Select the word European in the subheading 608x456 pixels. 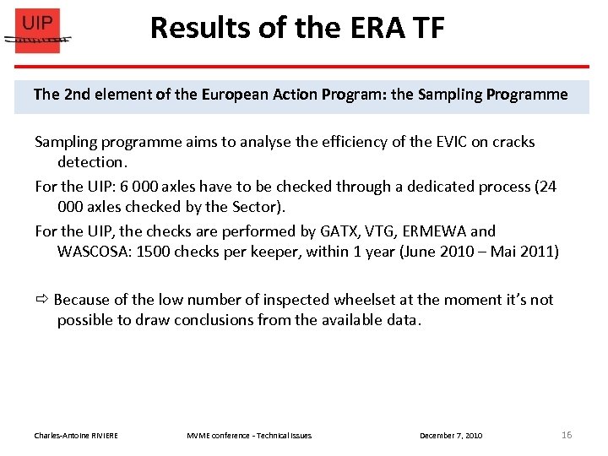click(234, 95)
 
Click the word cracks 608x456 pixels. click(512, 142)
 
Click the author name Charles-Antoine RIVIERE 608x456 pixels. click(76, 436)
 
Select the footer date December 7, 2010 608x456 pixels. click(451, 436)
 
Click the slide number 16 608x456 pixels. click(567, 435)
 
